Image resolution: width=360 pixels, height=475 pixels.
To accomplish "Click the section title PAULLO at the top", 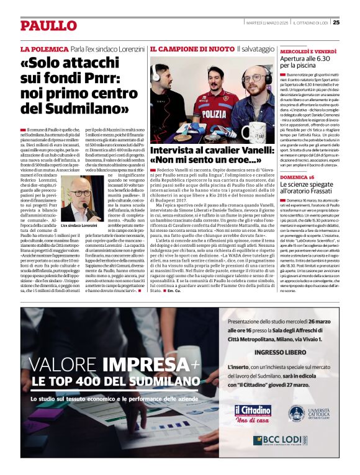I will click(x=48, y=25).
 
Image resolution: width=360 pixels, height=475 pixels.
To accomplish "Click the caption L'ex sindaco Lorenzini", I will click(x=79, y=225).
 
